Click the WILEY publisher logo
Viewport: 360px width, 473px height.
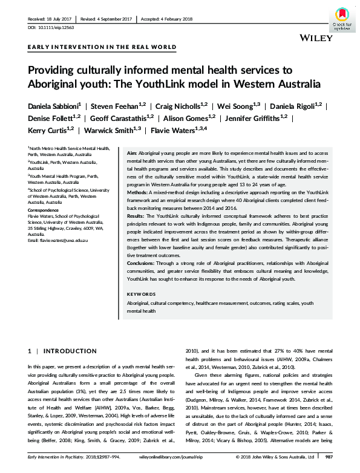316,38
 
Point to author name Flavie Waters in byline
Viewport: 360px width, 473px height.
183,129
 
